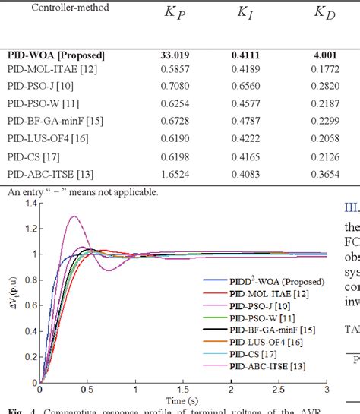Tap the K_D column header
click(x=326, y=13)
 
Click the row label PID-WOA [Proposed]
click(x=56, y=55)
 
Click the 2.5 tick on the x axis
click(x=282, y=390)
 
